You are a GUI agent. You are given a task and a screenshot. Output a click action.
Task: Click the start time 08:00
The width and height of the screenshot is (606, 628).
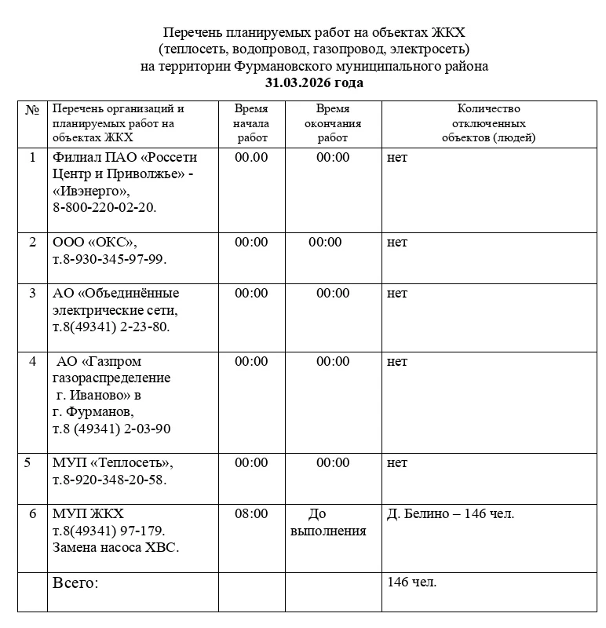tap(251, 514)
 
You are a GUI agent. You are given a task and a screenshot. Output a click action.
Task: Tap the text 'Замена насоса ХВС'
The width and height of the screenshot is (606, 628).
tap(115, 548)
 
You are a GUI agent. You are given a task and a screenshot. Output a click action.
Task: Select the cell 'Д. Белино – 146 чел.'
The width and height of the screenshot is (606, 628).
tap(451, 514)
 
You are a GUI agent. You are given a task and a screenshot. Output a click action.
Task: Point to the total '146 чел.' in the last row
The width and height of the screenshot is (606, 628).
tap(412, 582)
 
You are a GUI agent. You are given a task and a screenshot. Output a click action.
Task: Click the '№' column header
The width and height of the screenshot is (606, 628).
tap(32, 109)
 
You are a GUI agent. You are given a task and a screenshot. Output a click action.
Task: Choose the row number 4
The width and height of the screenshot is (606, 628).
tap(32, 362)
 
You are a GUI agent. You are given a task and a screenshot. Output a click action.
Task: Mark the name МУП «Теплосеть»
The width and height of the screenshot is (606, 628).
tap(112, 463)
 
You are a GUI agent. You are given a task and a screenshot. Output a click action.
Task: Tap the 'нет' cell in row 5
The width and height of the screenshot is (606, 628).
tap(397, 463)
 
